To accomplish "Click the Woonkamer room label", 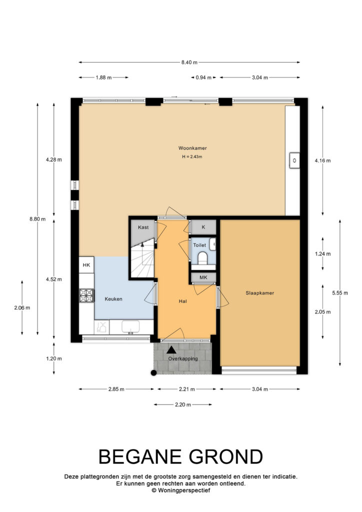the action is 192,148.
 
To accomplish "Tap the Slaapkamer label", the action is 260,293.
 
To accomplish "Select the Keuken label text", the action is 113,299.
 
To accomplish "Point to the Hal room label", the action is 183,301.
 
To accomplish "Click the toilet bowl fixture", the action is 202,257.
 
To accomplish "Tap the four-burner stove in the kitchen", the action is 86,295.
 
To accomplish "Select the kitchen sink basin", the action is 130,326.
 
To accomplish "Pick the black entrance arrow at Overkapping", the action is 171,350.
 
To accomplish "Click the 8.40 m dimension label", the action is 189,62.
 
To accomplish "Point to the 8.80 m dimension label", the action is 37,219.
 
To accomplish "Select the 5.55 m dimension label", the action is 340,293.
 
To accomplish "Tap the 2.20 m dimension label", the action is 183,404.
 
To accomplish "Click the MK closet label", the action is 203,277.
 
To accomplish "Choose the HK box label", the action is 86,265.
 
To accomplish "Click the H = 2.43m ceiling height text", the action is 192,156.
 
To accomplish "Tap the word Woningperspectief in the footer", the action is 184,490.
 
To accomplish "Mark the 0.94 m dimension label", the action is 203,77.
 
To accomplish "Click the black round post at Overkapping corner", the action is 153,373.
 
